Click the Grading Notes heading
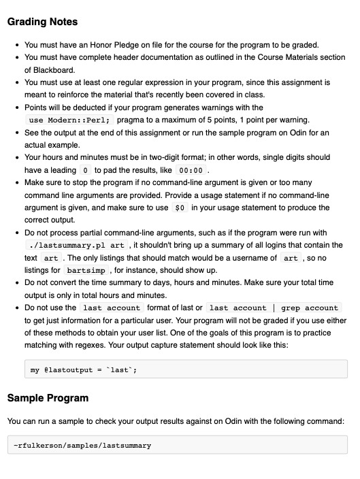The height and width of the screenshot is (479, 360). pyautogui.click(x=42, y=22)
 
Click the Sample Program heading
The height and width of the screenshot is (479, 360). pyautogui.click(x=48, y=397)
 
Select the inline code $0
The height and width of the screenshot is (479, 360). pyautogui.click(x=180, y=208)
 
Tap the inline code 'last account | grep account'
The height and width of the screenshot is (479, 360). pyautogui.click(x=274, y=308)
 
